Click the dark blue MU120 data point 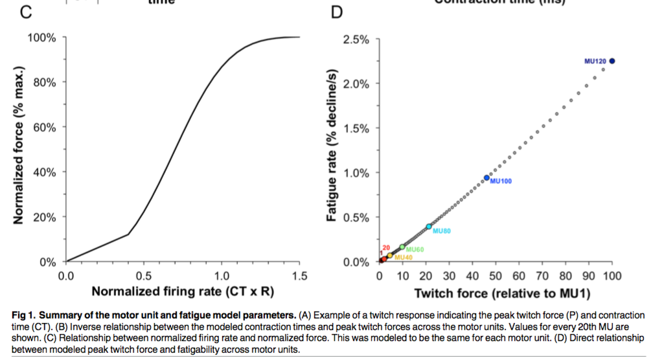coord(612,61)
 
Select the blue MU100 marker coord(487,177)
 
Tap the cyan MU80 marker coord(429,227)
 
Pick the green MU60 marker coord(402,247)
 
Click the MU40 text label coord(403,258)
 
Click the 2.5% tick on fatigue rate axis coord(356,39)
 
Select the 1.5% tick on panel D coord(356,128)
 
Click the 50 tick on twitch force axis coord(496,276)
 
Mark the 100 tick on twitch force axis coord(612,276)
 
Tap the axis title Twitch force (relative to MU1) coord(501,293)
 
